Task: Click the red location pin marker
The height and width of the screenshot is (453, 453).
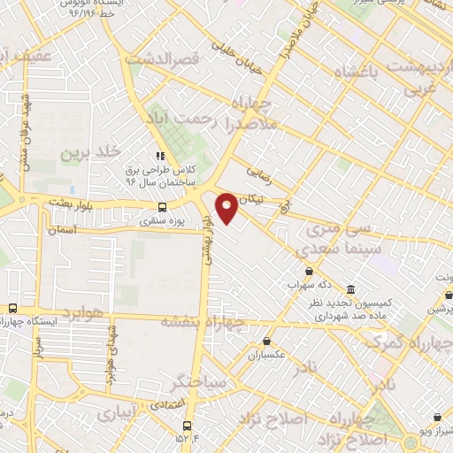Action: coord(226,207)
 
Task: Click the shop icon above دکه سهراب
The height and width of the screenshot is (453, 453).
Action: coord(308,271)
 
